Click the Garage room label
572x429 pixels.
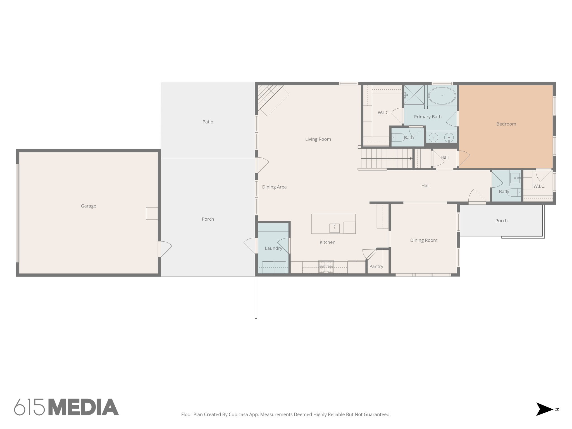[x=89, y=206]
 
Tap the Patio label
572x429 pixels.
[x=208, y=122]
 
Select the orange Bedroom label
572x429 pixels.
[x=506, y=124]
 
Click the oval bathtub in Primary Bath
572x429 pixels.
[x=442, y=96]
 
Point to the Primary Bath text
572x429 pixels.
[x=428, y=117]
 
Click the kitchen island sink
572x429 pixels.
[x=334, y=228]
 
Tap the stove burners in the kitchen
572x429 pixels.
[x=326, y=266]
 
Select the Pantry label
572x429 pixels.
[x=376, y=266]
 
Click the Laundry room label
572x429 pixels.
[x=273, y=248]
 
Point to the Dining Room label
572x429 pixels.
[x=423, y=240]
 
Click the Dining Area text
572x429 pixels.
[x=274, y=187]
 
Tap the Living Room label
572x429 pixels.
[x=318, y=139]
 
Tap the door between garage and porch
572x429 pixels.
[x=160, y=249]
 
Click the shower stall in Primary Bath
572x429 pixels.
[x=414, y=95]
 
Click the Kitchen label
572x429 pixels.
[x=327, y=242]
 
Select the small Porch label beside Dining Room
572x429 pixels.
[x=501, y=221]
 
